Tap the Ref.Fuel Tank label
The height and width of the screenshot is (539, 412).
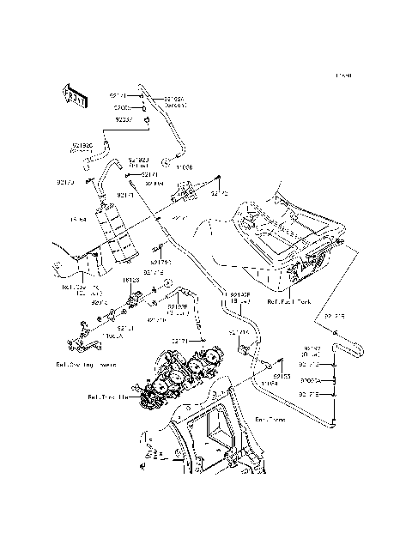pyautogui.click(x=291, y=301)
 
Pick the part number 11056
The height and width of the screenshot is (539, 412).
pyautogui.click(x=185, y=168)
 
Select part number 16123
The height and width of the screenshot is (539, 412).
pyautogui.click(x=131, y=279)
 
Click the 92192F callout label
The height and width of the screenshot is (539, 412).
pyautogui.click(x=179, y=309)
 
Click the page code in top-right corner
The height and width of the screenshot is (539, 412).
pyautogui.click(x=344, y=76)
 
